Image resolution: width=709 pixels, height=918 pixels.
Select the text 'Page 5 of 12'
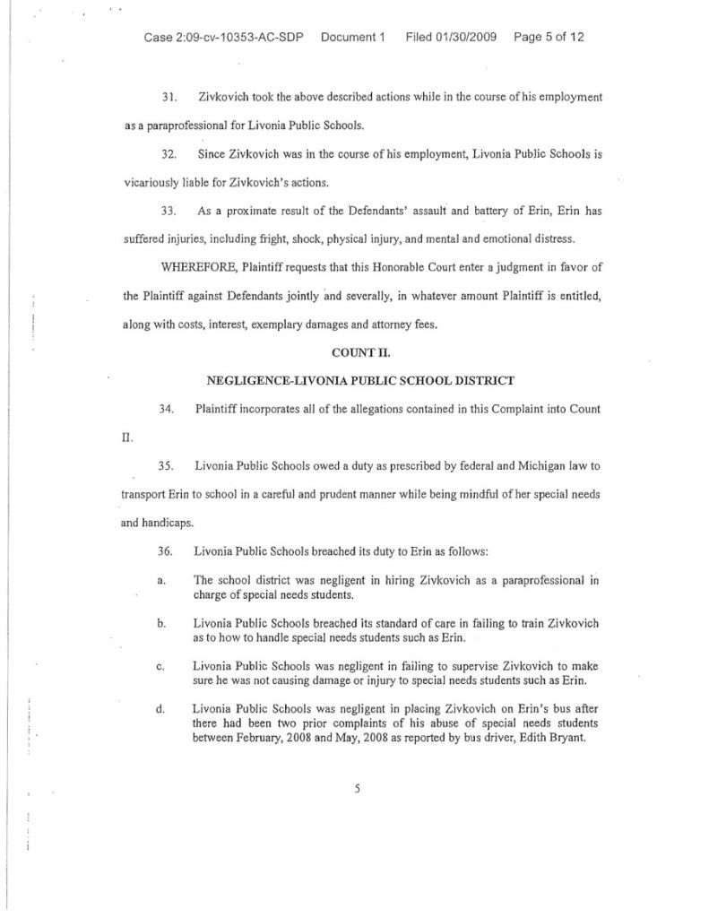(549, 38)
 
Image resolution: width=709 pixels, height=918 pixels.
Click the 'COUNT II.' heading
(360, 352)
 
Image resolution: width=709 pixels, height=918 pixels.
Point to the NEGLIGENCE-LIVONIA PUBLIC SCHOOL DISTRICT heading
(360, 380)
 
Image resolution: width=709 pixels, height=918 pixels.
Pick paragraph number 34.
(166, 410)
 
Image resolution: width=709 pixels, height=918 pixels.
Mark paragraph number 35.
(166, 466)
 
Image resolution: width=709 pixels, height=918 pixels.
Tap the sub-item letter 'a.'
(160, 580)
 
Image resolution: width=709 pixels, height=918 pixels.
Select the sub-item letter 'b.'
(160, 623)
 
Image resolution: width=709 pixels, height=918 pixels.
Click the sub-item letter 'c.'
(160, 666)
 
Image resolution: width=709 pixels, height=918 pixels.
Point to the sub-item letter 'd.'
(160, 709)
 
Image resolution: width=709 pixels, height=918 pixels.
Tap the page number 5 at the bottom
(357, 789)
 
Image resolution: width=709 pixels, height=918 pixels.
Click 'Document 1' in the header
(352, 38)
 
